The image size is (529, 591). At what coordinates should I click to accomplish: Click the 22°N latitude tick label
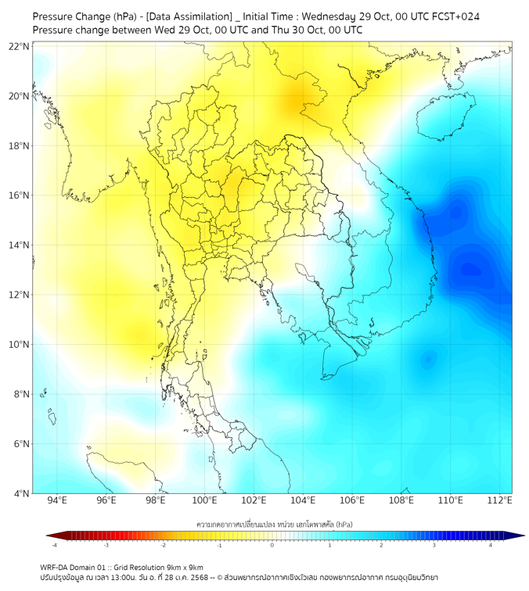[x=20, y=46]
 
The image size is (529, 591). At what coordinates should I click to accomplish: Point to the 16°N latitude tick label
[x=20, y=195]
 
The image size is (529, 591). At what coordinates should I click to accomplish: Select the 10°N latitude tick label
[x=20, y=345]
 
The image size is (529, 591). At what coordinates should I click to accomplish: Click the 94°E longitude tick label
[x=57, y=500]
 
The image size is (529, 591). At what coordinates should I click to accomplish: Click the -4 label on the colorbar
[x=54, y=545]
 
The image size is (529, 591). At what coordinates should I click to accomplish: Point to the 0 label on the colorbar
[x=272, y=545]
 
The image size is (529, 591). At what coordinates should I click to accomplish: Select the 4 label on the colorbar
[x=491, y=545]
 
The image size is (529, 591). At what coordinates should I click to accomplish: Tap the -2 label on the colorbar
[x=163, y=545]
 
